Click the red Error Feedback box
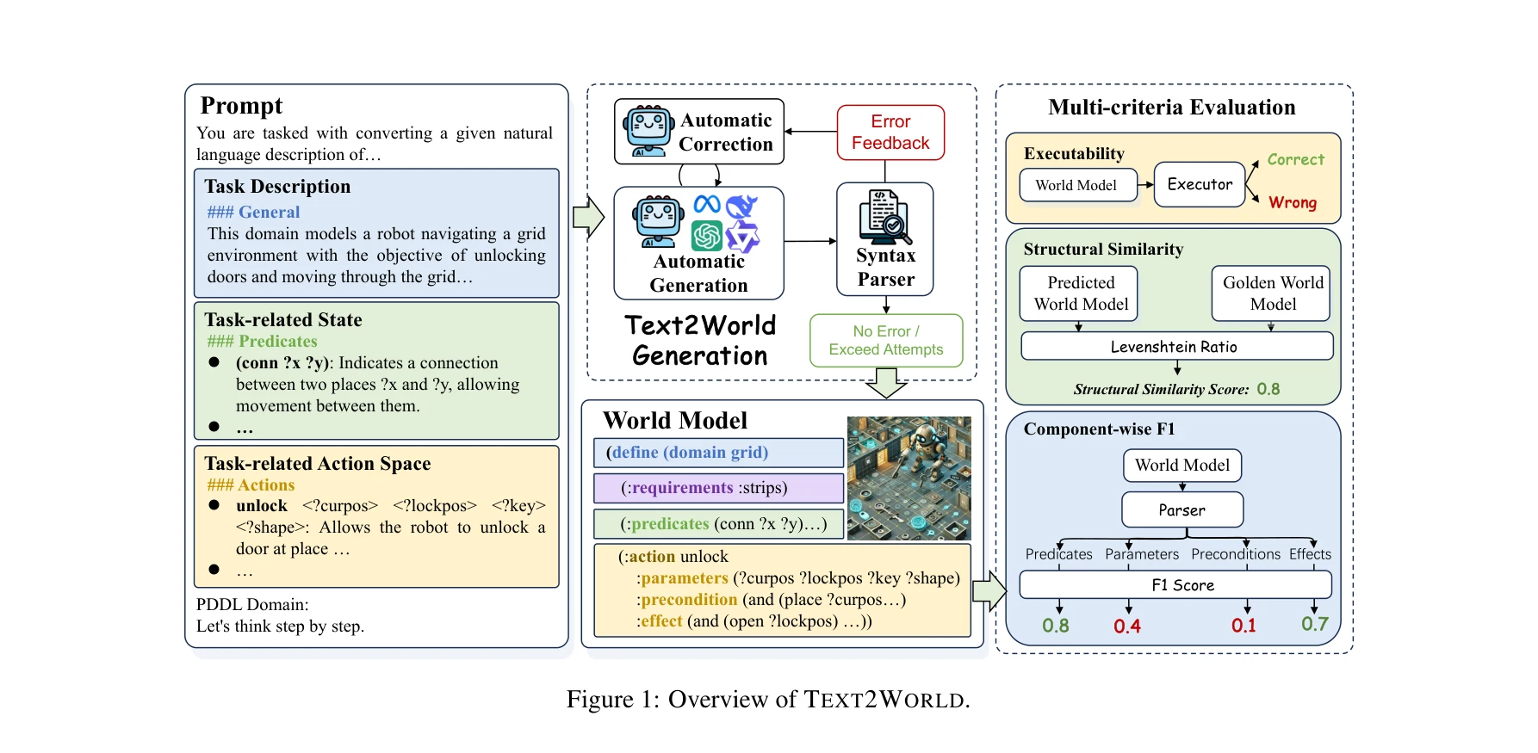click(890, 133)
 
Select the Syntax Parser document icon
click(885, 216)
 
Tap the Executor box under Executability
click(1200, 184)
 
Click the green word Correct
click(1295, 159)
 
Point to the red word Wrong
click(1292, 202)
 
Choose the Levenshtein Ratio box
click(1176, 346)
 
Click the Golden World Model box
click(1272, 293)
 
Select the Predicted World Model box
click(1080, 293)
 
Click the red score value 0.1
click(1243, 626)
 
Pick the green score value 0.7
click(1314, 624)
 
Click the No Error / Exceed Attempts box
click(885, 341)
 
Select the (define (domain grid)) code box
click(718, 453)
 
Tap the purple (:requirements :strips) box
click(718, 488)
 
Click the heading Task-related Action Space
click(317, 464)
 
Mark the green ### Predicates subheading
click(262, 342)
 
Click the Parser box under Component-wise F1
click(1181, 509)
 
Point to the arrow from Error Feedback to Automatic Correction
click(810, 132)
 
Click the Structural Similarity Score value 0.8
click(1268, 389)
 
